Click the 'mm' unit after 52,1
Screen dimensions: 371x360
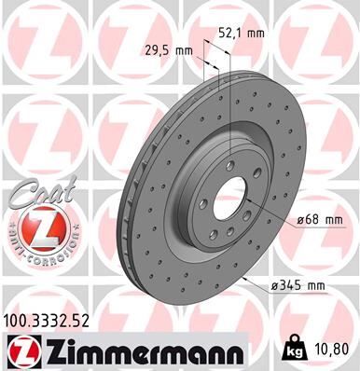[255, 33]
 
